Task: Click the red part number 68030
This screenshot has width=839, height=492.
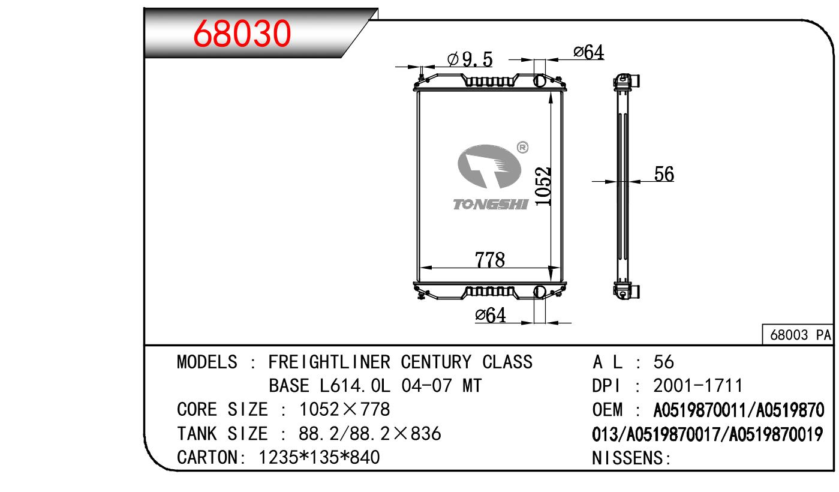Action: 242,34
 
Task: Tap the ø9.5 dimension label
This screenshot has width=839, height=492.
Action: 470,59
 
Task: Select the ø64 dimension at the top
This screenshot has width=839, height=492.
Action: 589,52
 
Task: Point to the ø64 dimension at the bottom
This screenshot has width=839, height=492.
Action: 491,315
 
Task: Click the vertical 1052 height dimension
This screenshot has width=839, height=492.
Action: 543,186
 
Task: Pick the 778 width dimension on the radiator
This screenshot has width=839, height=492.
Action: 490,260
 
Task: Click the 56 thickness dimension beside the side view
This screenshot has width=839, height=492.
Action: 664,174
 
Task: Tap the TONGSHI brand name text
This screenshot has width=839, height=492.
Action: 491,204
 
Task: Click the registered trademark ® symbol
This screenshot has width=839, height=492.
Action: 522,147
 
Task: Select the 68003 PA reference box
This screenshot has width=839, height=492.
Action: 798,335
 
